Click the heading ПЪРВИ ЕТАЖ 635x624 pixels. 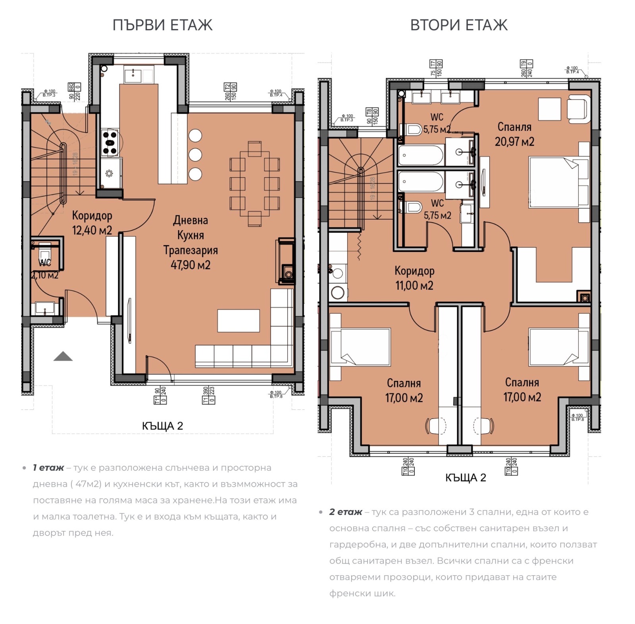coord(162,25)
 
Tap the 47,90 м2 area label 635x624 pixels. coord(190,265)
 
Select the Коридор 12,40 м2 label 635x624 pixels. coord(92,223)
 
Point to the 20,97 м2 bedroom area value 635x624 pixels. coord(514,142)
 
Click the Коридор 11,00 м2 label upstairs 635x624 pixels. coord(414,278)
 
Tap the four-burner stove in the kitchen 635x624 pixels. coord(110,143)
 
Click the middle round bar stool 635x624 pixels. coord(195,154)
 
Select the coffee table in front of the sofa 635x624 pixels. coord(238,321)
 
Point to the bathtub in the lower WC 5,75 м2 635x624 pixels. coord(421,183)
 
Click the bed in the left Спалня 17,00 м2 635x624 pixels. coord(360,347)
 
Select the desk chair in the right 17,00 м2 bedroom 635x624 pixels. coord(483,426)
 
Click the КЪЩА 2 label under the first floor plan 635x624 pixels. coord(162,426)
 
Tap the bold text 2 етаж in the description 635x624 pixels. coord(346,512)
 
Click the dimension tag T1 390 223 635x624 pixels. coord(208,395)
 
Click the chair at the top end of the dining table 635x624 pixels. coord(254,149)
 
